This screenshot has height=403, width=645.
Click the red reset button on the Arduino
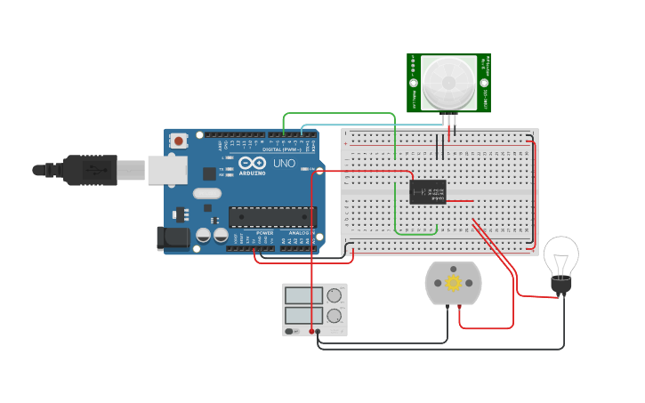pyautogui.click(x=180, y=141)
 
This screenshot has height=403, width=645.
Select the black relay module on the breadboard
pyautogui.click(x=428, y=191)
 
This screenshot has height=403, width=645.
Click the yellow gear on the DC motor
pyautogui.click(x=454, y=283)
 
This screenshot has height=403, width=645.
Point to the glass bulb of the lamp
pyautogui.click(x=560, y=255)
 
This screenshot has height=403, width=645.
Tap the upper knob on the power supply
pyautogui.click(x=334, y=296)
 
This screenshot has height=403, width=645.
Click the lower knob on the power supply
pyautogui.click(x=334, y=315)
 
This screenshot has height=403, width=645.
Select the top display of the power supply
pyautogui.click(x=303, y=296)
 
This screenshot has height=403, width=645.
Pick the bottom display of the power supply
pyautogui.click(x=303, y=315)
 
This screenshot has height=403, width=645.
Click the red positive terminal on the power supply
pyautogui.click(x=311, y=331)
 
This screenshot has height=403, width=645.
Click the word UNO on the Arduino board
pyautogui.click(x=283, y=165)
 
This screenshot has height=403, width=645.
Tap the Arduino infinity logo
pyautogui.click(x=251, y=164)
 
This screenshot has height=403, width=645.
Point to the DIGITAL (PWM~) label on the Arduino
pyautogui.click(x=280, y=149)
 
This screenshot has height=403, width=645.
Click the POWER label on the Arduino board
pyautogui.click(x=264, y=233)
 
